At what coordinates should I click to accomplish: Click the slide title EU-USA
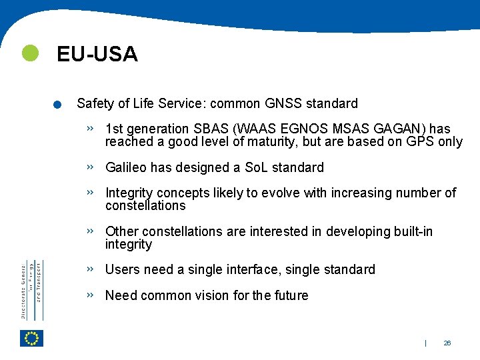pyautogui.click(x=97, y=54)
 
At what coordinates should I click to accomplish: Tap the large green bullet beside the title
pyautogui.click(x=30, y=53)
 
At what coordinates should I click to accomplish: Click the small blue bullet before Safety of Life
pyautogui.click(x=58, y=105)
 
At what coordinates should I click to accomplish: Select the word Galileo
pyautogui.click(x=126, y=167)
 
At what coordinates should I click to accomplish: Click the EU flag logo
pyautogui.click(x=31, y=338)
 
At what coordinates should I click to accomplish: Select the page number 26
pyautogui.click(x=447, y=343)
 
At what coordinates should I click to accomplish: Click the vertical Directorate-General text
pyautogui.click(x=31, y=290)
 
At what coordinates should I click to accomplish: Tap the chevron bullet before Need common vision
pyautogui.click(x=90, y=294)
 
